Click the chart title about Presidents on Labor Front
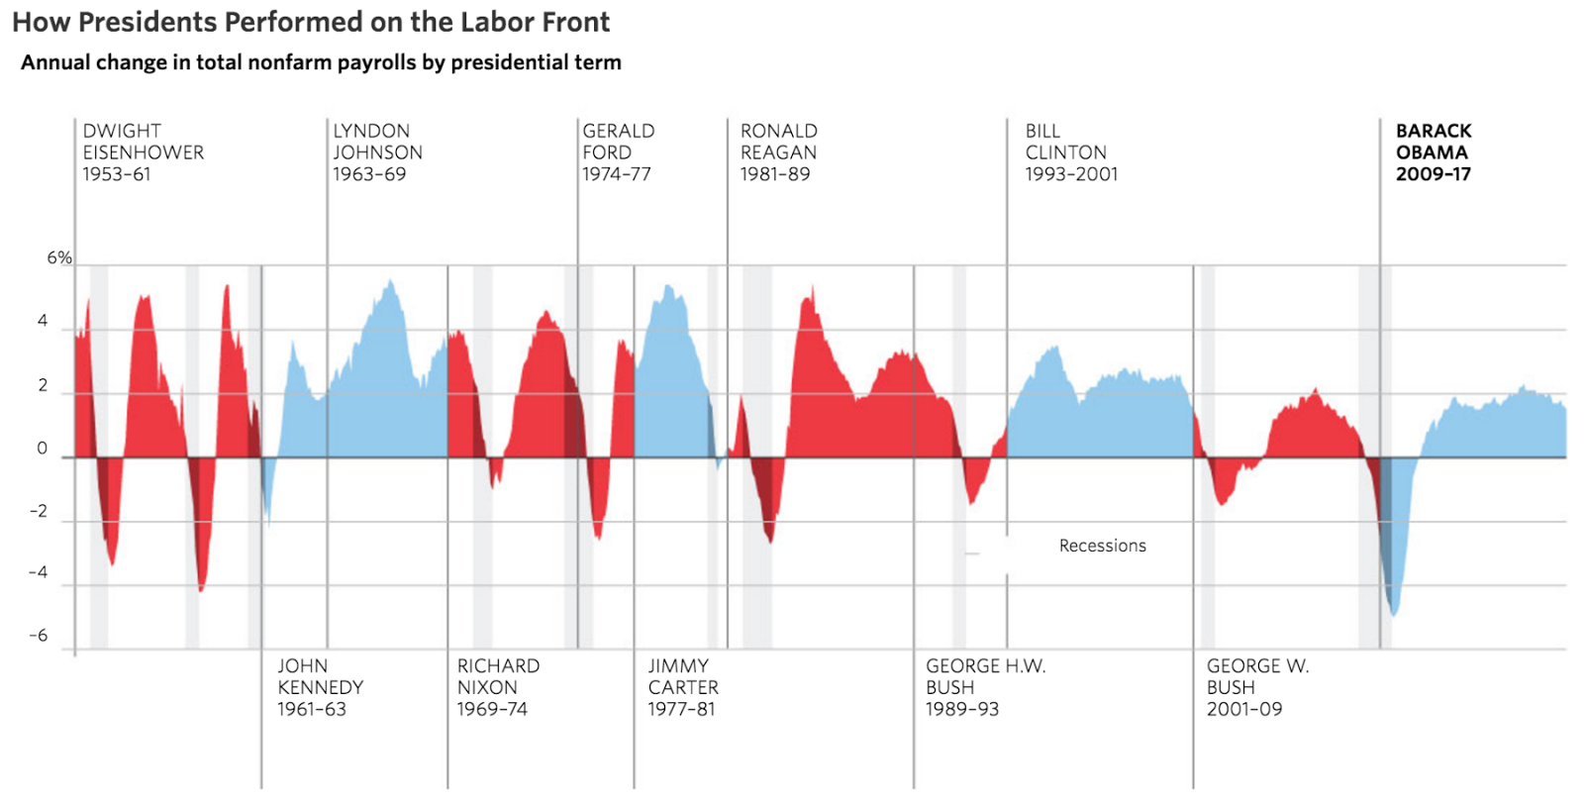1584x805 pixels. click(311, 22)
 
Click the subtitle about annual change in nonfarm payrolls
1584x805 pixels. click(321, 62)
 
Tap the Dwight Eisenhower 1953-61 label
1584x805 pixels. click(143, 152)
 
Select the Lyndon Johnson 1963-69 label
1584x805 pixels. click(377, 152)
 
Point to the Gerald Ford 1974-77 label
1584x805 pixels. click(618, 152)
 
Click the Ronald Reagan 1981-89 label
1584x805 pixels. click(778, 152)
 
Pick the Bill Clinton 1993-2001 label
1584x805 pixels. click(1071, 152)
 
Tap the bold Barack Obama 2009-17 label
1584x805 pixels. click(1433, 152)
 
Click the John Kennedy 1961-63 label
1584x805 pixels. click(320, 687)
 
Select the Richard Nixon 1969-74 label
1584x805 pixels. click(497, 687)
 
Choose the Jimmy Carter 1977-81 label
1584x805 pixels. click(683, 687)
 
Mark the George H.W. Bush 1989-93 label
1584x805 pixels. click(985, 687)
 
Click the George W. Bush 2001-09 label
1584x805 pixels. click(1257, 687)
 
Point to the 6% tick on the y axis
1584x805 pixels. click(59, 258)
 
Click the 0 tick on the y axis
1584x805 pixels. click(43, 449)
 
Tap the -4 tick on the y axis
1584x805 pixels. click(39, 572)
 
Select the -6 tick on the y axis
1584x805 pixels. click(39, 636)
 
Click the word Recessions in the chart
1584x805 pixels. click(1102, 546)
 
